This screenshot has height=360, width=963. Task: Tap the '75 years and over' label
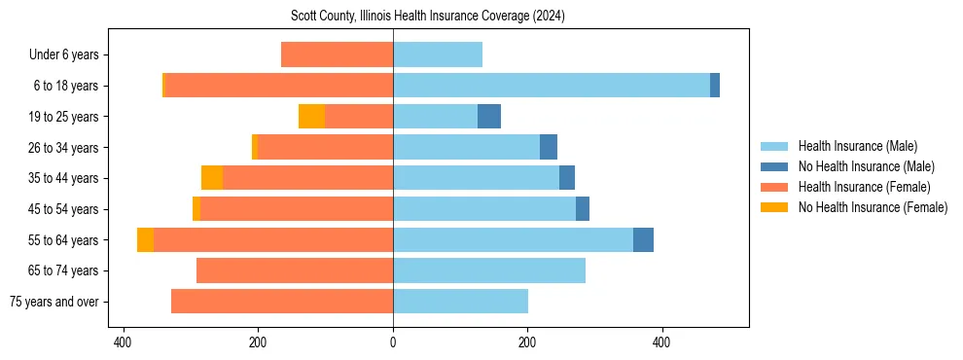click(54, 302)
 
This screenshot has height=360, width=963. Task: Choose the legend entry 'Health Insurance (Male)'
click(857, 146)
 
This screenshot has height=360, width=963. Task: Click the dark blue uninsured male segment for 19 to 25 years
click(489, 117)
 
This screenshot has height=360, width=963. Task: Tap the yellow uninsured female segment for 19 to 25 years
click(311, 117)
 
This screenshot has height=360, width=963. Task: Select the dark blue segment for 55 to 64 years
click(643, 239)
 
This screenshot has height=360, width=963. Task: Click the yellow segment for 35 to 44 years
click(212, 178)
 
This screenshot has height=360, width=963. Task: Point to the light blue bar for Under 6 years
click(438, 55)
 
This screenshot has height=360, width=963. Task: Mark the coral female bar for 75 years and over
click(282, 302)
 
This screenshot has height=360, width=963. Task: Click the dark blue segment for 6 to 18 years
click(715, 86)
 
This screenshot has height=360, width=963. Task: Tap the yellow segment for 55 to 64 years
click(145, 239)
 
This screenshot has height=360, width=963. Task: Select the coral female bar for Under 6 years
click(337, 55)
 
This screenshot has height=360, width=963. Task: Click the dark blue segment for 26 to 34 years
click(549, 147)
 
